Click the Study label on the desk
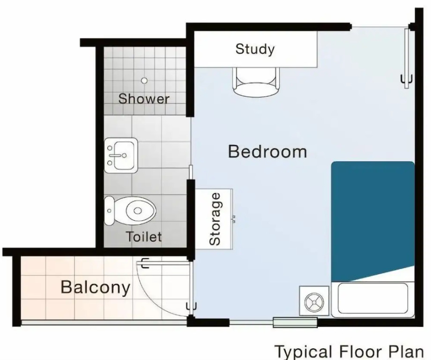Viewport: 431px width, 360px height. (x=255, y=49)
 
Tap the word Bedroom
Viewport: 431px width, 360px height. (x=268, y=151)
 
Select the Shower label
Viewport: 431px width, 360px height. (x=144, y=98)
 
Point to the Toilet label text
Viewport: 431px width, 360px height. (x=144, y=237)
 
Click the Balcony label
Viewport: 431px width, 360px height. (x=96, y=287)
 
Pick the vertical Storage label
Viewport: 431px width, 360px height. (x=215, y=219)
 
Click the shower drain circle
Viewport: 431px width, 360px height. (x=144, y=81)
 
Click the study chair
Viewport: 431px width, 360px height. (x=256, y=82)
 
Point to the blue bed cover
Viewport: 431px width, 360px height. (x=373, y=220)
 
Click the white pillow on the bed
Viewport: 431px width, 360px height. (x=373, y=299)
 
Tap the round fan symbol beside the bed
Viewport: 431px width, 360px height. (x=314, y=301)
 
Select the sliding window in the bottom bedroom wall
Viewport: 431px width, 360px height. (x=295, y=322)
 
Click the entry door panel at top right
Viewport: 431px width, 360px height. (x=407, y=58)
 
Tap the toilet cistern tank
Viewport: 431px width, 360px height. (x=109, y=210)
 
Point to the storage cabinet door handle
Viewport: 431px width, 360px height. (x=234, y=218)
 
